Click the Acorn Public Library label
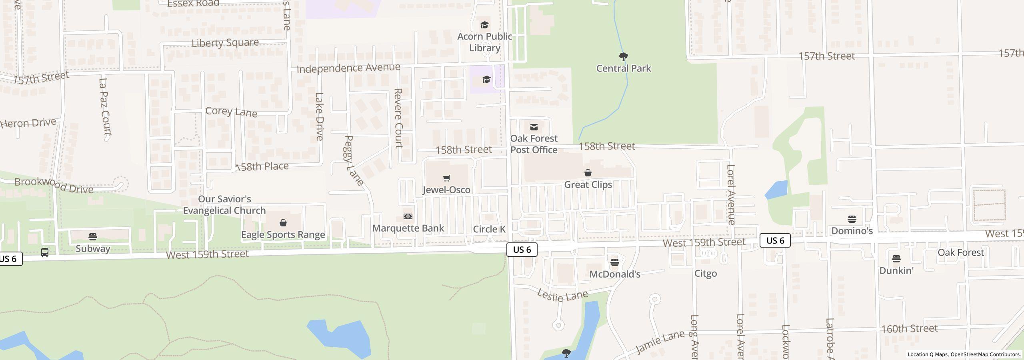click(x=484, y=42)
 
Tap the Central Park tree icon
click(x=623, y=56)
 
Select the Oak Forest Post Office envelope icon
click(x=534, y=127)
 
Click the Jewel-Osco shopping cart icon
click(x=446, y=178)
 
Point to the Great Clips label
click(x=588, y=184)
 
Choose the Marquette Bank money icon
click(x=408, y=216)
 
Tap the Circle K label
click(x=489, y=229)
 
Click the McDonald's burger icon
click(x=615, y=262)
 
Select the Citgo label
click(x=705, y=274)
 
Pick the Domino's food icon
click(x=852, y=219)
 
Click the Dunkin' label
click(x=896, y=271)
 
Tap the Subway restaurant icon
click(x=93, y=237)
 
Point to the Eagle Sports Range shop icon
click(x=283, y=223)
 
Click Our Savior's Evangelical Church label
click(x=224, y=205)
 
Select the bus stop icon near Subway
click(x=45, y=252)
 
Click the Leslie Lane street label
click(x=562, y=296)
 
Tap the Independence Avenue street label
click(x=348, y=68)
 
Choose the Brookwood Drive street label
click(x=54, y=185)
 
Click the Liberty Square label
click(x=225, y=43)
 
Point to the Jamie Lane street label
click(x=660, y=343)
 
